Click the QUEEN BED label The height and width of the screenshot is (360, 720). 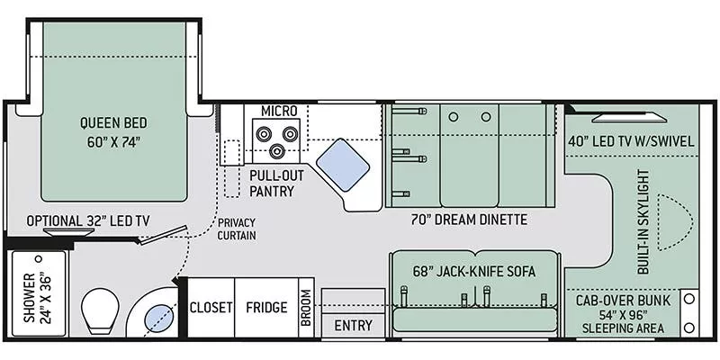pyautogui.click(x=114, y=123)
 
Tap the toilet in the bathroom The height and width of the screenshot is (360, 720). pyautogui.click(x=100, y=310)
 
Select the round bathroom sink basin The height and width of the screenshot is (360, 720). pyautogui.click(x=159, y=318)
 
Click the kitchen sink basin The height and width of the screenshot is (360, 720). pyautogui.click(x=343, y=164)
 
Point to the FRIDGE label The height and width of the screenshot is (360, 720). pyautogui.click(x=266, y=307)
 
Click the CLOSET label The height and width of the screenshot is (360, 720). pyautogui.click(x=211, y=307)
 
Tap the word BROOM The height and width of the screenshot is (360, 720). pyautogui.click(x=306, y=307)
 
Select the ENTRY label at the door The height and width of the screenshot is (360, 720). pyautogui.click(x=353, y=326)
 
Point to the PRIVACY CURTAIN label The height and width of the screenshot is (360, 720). pyautogui.click(x=237, y=229)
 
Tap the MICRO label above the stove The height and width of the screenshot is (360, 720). pyautogui.click(x=279, y=111)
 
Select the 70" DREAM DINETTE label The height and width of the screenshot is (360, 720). pyautogui.click(x=469, y=220)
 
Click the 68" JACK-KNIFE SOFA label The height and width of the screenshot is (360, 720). pyautogui.click(x=475, y=272)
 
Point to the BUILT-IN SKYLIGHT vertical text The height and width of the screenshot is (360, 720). pyautogui.click(x=644, y=221)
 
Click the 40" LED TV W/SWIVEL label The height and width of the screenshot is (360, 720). pyautogui.click(x=631, y=141)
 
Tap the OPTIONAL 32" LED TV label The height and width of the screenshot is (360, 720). pyautogui.click(x=87, y=220)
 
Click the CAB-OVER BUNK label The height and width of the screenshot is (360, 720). pyautogui.click(x=623, y=301)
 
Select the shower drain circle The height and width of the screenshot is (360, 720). pyautogui.click(x=39, y=259)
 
